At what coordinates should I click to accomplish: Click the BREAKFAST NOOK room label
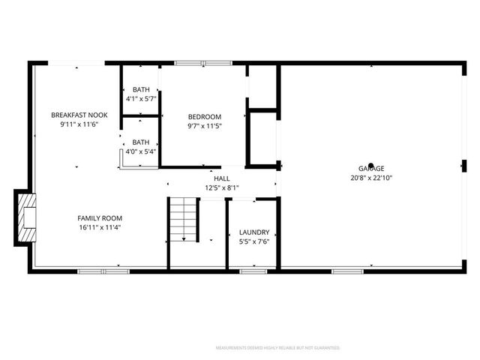pyautogui.click(x=79, y=115)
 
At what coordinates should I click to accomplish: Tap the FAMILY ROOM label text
pyautogui.click(x=100, y=218)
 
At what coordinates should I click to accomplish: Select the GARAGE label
pyautogui.click(x=371, y=169)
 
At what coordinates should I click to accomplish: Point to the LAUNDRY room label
pyautogui.click(x=254, y=233)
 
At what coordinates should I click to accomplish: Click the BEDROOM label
pyautogui.click(x=205, y=116)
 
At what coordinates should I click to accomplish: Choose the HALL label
pyautogui.click(x=222, y=178)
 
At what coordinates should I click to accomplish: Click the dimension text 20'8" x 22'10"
pyautogui.click(x=371, y=178)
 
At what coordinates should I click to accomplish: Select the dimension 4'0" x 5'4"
pyautogui.click(x=141, y=151)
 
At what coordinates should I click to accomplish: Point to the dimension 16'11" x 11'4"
pyautogui.click(x=100, y=227)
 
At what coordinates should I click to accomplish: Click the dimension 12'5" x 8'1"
pyautogui.click(x=222, y=187)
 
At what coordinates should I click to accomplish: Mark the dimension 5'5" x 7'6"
pyautogui.click(x=254, y=242)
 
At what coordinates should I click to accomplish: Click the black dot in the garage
pyautogui.click(x=370, y=166)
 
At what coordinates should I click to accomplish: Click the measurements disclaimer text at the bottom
pyautogui.click(x=277, y=348)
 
